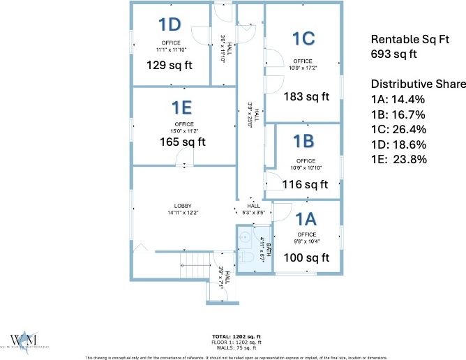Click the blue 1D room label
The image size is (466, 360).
click(170, 25)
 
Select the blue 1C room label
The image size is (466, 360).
click(305, 39)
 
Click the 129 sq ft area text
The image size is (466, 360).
click(169, 65)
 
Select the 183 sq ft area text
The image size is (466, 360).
click(306, 97)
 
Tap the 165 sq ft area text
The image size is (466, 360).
click(183, 142)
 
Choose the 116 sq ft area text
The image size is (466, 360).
click(305, 185)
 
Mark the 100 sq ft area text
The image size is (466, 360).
click(306, 257)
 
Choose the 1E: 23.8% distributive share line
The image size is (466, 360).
click(398, 158)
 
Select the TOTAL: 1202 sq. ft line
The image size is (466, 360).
click(232, 336)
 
